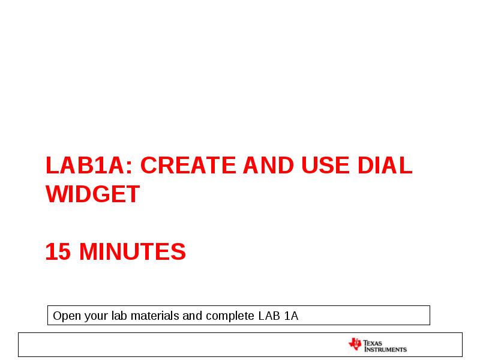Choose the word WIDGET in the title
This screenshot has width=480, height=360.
(x=93, y=194)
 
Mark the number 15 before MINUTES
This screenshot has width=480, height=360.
(x=58, y=252)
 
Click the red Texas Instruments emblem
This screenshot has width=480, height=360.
(x=355, y=344)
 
